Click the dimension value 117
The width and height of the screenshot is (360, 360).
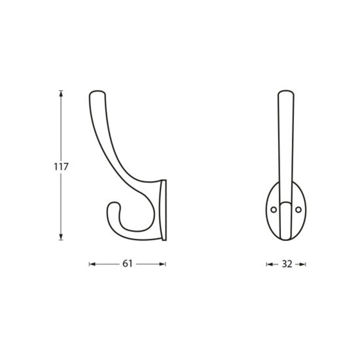61,167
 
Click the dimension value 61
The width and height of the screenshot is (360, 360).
127,264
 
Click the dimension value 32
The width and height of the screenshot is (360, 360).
286,264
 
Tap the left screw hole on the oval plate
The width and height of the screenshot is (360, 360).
274,209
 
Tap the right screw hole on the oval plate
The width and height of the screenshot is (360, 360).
298,209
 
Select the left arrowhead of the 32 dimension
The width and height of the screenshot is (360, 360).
269,264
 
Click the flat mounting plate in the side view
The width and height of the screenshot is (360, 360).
164,210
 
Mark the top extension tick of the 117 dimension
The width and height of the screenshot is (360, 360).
61,90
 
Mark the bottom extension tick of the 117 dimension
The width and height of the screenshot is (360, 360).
61,240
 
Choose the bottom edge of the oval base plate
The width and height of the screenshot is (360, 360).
286,240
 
